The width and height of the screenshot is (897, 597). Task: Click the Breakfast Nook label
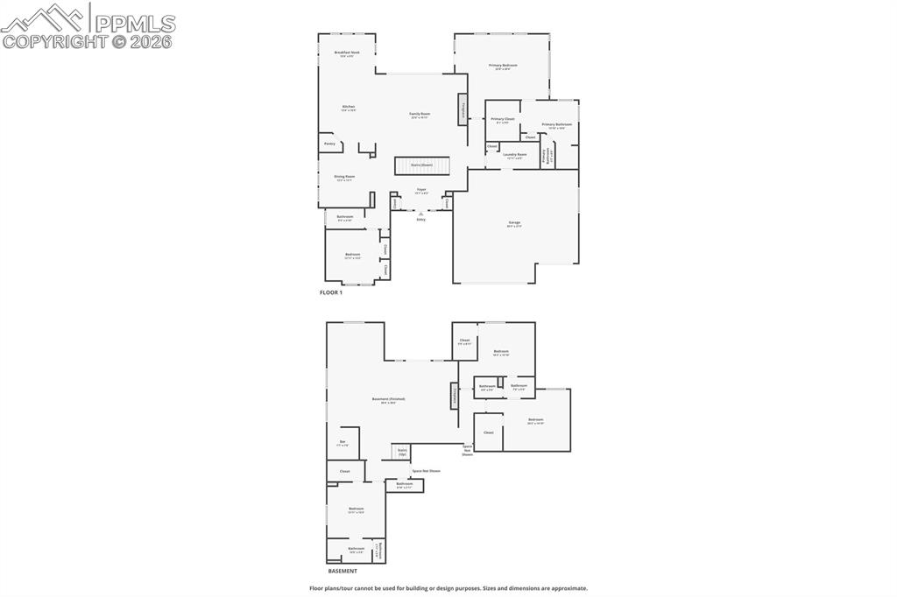coord(348,53)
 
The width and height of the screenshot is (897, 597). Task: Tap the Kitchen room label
coord(349,108)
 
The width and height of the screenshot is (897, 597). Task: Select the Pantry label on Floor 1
coord(329,144)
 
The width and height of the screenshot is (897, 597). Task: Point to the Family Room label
coord(420,115)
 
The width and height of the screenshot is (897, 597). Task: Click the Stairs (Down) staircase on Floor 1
coord(421,165)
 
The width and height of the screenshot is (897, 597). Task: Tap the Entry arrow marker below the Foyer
coord(420,213)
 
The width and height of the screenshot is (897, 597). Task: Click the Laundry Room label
coord(515,156)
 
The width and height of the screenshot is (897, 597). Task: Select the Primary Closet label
coord(503,120)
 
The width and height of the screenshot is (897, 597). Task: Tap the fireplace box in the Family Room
coord(462,111)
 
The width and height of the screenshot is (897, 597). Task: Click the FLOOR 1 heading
coord(331,292)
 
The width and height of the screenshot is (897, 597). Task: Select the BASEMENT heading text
coord(343,571)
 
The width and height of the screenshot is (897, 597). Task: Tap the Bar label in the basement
coord(343,443)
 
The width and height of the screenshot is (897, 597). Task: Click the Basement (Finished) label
coord(388,400)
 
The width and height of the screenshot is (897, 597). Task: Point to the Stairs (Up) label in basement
coord(402,452)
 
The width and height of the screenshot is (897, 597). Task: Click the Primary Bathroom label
coord(556,125)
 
